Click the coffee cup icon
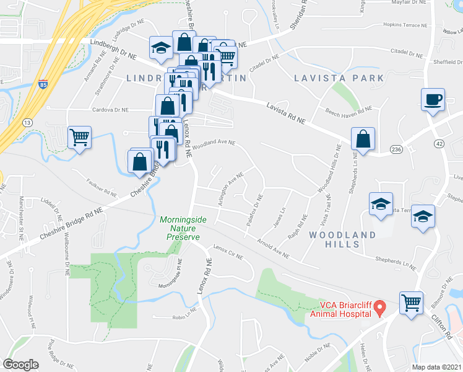(433, 99)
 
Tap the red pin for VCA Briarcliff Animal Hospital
(382, 307)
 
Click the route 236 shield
(397, 149)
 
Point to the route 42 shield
(439, 143)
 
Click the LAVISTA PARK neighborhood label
(339, 78)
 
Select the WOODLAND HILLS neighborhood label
(342, 239)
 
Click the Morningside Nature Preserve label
(180, 228)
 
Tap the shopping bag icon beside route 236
(363, 139)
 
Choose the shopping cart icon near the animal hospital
(410, 303)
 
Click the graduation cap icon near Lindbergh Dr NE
(161, 48)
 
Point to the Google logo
(20, 365)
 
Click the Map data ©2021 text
(437, 367)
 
